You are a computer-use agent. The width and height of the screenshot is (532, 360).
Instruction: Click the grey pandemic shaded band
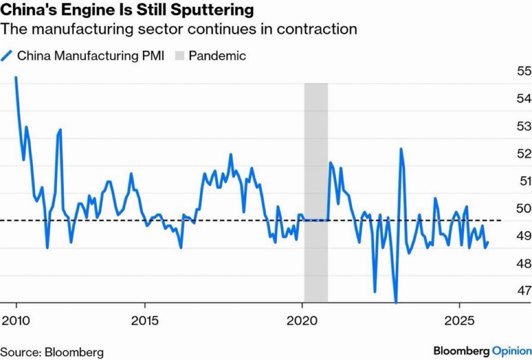point(315,192)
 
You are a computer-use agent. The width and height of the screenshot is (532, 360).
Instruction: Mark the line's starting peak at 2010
point(16,77)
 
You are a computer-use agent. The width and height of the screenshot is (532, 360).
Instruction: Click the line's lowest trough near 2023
point(396,302)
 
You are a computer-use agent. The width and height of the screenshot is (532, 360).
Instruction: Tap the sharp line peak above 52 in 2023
point(401,149)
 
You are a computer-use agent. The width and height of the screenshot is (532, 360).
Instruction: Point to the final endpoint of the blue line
point(487,243)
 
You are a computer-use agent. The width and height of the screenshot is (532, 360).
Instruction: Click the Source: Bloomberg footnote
point(52,352)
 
